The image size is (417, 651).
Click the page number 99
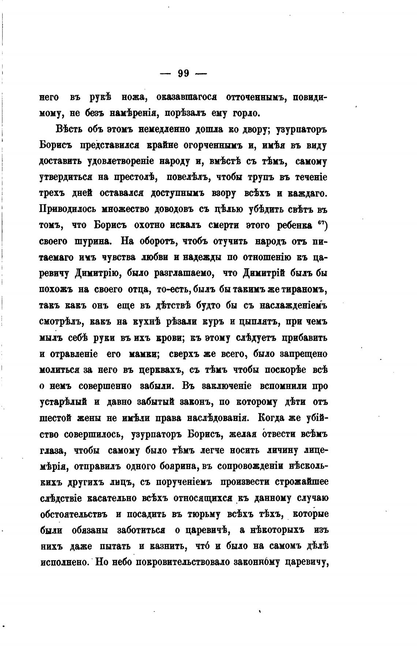pos(183,73)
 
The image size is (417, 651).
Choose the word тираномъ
pos(307,289)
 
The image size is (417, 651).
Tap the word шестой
pos(56,418)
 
